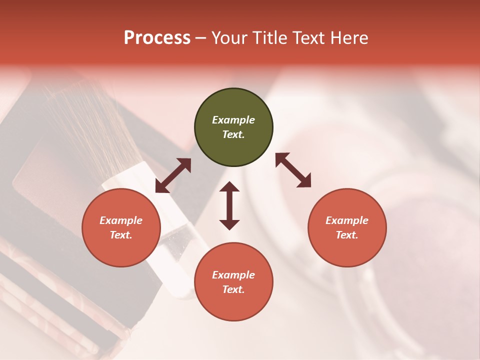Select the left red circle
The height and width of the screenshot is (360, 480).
pyautogui.click(x=121, y=227)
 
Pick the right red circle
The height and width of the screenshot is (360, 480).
pyautogui.click(x=347, y=227)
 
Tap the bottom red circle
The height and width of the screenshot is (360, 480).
pyautogui.click(x=233, y=282)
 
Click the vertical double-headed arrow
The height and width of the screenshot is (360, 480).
pyautogui.click(x=229, y=205)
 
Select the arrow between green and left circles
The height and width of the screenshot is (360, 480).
pyautogui.click(x=173, y=175)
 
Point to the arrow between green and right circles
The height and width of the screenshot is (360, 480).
pyautogui.click(x=293, y=170)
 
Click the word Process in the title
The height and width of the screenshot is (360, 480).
pyautogui.click(x=157, y=38)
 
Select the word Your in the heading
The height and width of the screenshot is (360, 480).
pyautogui.click(x=229, y=38)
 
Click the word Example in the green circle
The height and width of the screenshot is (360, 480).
pyautogui.click(x=233, y=120)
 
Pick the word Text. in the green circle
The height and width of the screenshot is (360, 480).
pyautogui.click(x=233, y=134)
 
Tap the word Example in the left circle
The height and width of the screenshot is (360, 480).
pyautogui.click(x=121, y=220)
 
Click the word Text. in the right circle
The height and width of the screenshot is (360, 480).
pyautogui.click(x=347, y=235)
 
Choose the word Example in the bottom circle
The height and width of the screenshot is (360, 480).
pyautogui.click(x=233, y=275)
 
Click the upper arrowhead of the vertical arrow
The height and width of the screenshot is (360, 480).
pyautogui.click(x=229, y=187)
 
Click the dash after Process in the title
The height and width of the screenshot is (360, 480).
pyautogui.click(x=201, y=38)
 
